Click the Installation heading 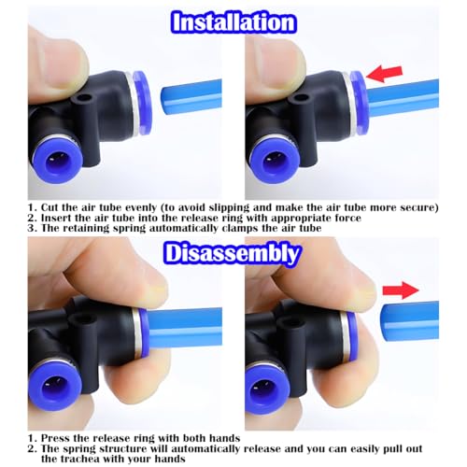pyautogui.click(x=233, y=21)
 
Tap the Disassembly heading pyautogui.click(x=233, y=253)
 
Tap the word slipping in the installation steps pyautogui.click(x=240, y=206)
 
